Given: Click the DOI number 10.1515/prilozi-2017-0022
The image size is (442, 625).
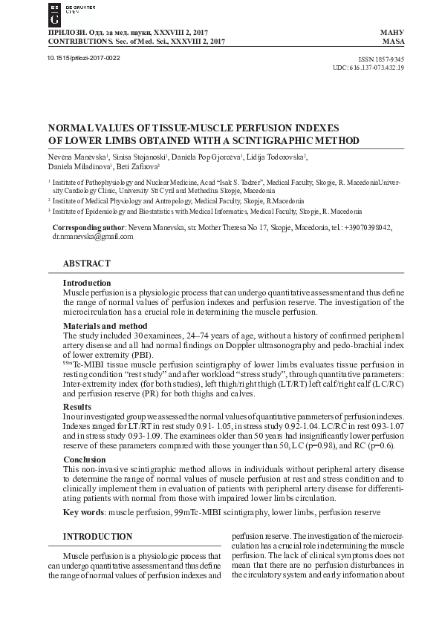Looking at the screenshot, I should tap(83, 57).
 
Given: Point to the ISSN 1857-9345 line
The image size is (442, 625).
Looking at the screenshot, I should tap(380, 58).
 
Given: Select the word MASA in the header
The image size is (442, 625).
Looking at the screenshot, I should tap(392, 42).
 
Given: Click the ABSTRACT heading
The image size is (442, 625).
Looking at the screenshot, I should tap(86, 264).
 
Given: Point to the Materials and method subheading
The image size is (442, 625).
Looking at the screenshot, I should tap(105, 326).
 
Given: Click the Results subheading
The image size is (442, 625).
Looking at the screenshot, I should tap(77, 407).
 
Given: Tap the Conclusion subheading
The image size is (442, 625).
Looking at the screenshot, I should tap(85, 459).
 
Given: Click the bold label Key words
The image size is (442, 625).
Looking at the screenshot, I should tap(82, 512).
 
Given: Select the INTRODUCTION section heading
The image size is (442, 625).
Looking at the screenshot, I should tap(97, 536).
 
